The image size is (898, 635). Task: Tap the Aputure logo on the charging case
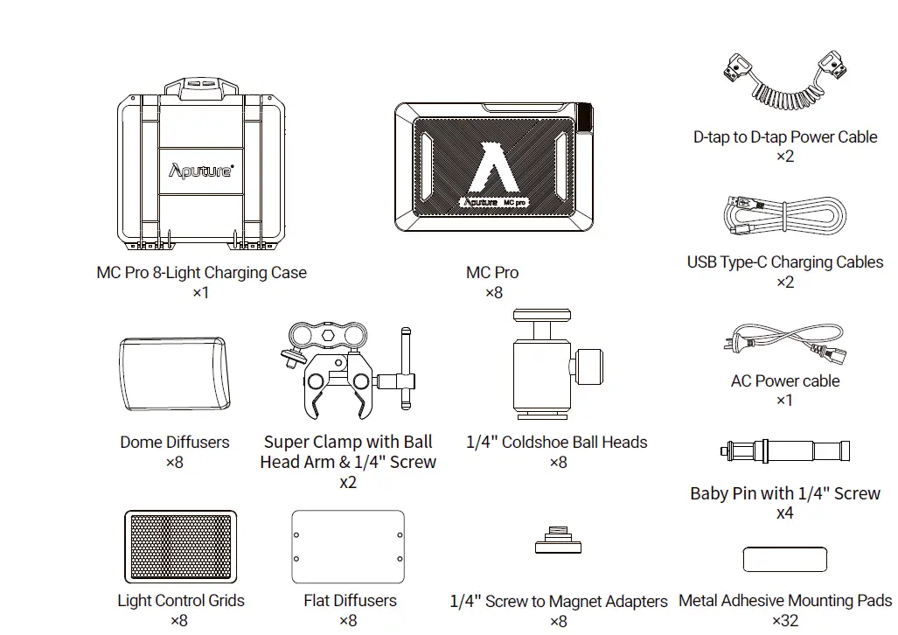200,170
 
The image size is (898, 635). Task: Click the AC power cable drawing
783,345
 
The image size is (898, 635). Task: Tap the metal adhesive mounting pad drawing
784,560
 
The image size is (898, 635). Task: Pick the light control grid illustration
181,548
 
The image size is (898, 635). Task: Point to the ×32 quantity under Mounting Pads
784,620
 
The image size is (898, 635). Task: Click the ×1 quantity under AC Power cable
784,401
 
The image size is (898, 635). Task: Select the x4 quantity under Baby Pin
784,513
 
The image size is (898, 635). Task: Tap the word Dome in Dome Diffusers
141,442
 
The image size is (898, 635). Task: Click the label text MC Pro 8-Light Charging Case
201,273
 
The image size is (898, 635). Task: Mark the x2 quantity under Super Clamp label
348,482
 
